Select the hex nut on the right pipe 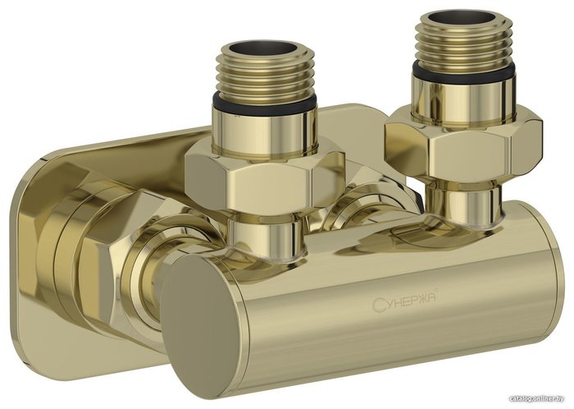click(462, 141)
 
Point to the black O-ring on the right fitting click(462, 71)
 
